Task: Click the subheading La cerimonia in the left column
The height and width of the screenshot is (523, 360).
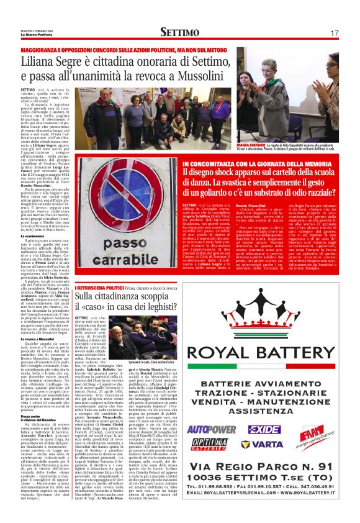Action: (32, 236)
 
